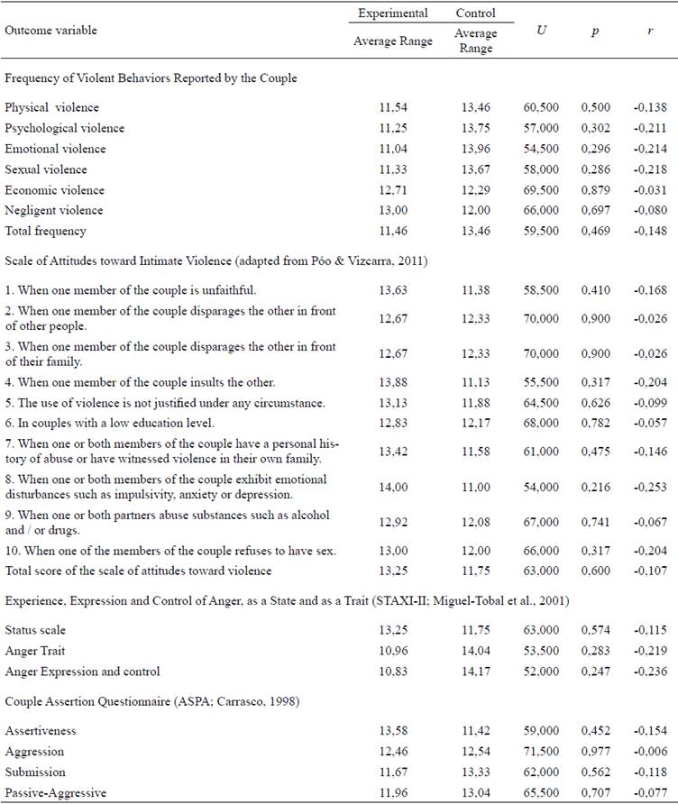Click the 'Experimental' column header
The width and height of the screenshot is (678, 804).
pyautogui.click(x=392, y=14)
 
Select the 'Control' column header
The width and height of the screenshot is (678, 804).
pyautogui.click(x=475, y=14)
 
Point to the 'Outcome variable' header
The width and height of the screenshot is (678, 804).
pyautogui.click(x=50, y=31)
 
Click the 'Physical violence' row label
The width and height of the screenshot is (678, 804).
pyautogui.click(x=51, y=108)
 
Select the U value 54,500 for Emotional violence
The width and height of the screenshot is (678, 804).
pyautogui.click(x=539, y=149)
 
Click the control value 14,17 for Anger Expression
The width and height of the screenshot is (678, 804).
pyautogui.click(x=474, y=671)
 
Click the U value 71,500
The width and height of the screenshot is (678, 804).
pyautogui.click(x=539, y=751)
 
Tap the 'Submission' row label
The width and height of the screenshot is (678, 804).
pyautogui.click(x=35, y=772)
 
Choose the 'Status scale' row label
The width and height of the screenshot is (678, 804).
pyautogui.click(x=35, y=629)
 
